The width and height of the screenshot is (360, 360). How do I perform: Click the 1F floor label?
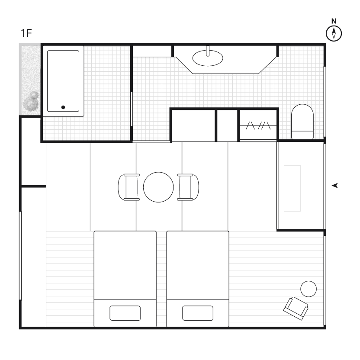[x=26, y=33]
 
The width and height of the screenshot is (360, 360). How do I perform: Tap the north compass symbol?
[x=334, y=33]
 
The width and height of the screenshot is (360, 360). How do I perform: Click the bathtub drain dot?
[x=63, y=107]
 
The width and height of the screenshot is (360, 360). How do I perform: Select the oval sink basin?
[x=208, y=58]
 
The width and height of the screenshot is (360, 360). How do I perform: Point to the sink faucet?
[x=208, y=51]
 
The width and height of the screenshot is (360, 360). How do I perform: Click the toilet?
[x=302, y=122]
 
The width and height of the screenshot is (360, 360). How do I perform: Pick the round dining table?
[x=158, y=187]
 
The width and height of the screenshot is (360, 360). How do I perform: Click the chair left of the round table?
[x=129, y=187]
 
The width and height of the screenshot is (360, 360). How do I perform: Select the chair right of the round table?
[x=188, y=187]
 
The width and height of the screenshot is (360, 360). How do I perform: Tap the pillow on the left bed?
[x=125, y=313]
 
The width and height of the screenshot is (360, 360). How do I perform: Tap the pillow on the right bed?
[x=198, y=313]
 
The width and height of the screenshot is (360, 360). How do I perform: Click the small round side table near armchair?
[x=309, y=289]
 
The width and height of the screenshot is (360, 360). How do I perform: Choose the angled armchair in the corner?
[x=296, y=309]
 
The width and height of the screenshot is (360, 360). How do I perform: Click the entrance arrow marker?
[x=335, y=186]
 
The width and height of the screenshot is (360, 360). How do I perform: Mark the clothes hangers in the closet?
[x=258, y=125]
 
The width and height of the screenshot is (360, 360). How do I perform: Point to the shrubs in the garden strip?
[x=31, y=102]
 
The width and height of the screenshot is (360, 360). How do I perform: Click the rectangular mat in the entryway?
[x=292, y=188]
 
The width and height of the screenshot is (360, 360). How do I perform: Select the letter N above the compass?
[x=334, y=21]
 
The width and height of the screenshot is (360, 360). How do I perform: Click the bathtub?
[x=63, y=81]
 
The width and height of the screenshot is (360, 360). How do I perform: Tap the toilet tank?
[x=302, y=135]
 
